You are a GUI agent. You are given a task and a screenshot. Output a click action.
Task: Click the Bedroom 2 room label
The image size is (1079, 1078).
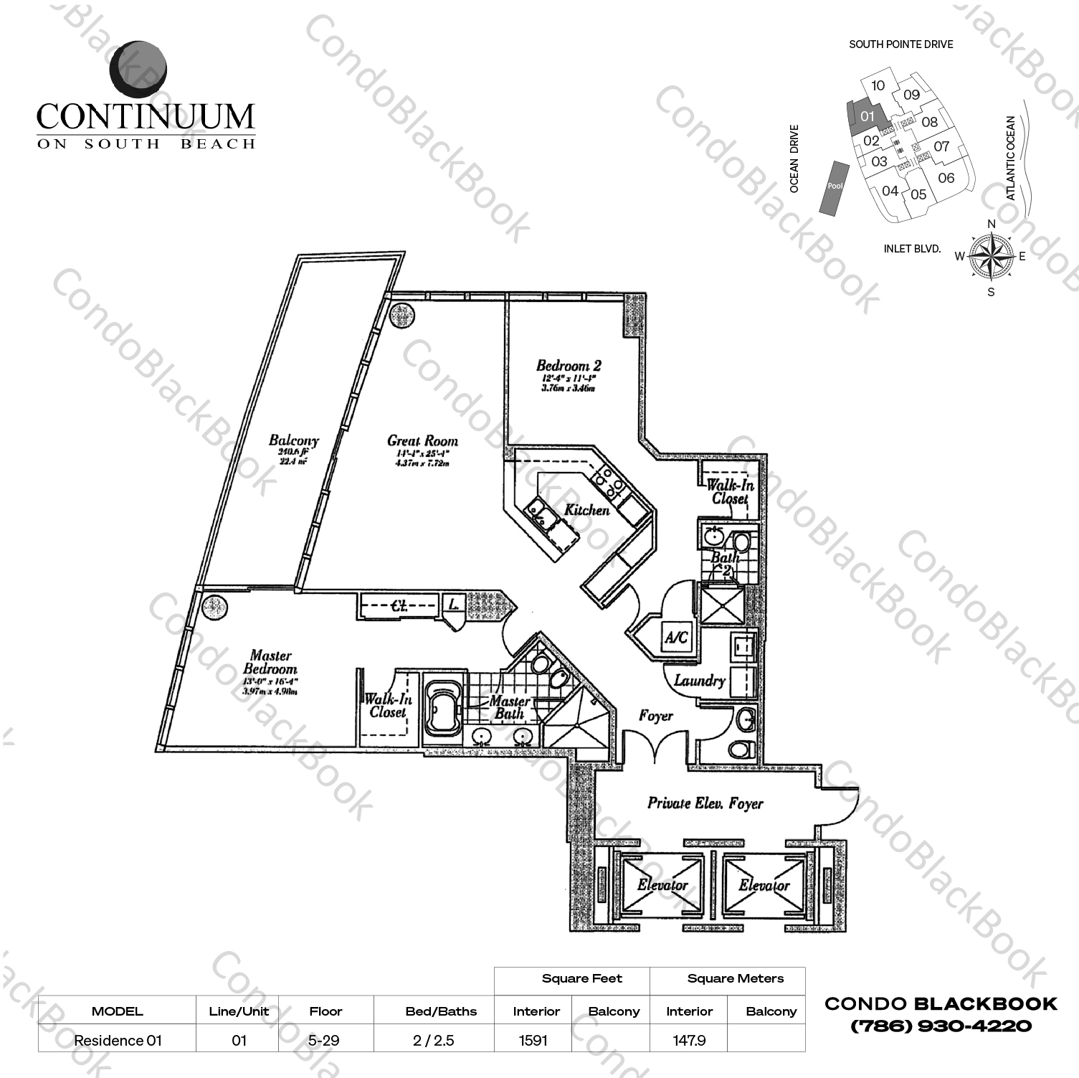click(x=569, y=366)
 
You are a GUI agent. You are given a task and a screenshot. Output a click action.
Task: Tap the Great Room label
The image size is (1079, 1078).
click(x=422, y=441)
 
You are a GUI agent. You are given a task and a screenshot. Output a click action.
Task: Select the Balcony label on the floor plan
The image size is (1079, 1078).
click(x=293, y=440)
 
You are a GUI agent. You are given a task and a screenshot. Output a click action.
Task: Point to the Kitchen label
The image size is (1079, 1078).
click(x=586, y=510)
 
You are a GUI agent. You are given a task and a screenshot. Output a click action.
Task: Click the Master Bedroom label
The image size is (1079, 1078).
click(x=270, y=662)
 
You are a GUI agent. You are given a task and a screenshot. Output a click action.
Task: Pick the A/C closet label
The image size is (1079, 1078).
click(x=676, y=637)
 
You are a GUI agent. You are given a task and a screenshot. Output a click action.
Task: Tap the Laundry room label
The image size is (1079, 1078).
click(x=699, y=680)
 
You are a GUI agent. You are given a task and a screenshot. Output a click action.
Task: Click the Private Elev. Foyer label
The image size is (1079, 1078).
click(x=705, y=803)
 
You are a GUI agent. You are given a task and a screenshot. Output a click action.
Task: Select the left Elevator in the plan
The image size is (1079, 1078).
click(x=662, y=886)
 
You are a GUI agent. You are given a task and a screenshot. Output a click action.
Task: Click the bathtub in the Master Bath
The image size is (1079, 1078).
click(x=444, y=707)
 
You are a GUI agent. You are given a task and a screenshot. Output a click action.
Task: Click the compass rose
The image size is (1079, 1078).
click(x=991, y=257)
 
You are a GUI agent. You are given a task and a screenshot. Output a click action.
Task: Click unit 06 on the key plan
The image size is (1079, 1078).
click(x=946, y=178)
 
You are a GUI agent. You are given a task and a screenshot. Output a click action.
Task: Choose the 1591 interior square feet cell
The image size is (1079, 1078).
click(x=533, y=1040)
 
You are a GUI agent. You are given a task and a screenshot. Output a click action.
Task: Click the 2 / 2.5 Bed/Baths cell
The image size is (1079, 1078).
click(x=433, y=1040)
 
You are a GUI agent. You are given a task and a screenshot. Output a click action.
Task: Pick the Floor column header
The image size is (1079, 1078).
click(x=325, y=1011)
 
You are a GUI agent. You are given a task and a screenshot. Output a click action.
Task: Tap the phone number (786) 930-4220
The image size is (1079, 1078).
click(x=941, y=1026)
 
